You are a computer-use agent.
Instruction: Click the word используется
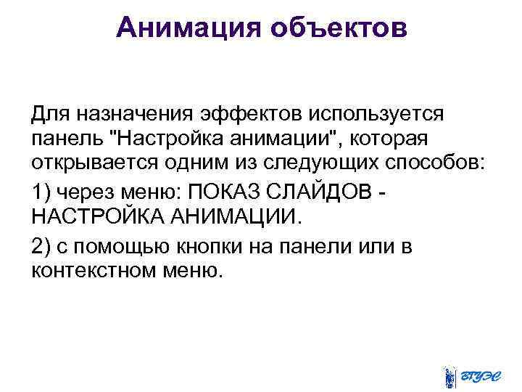377,114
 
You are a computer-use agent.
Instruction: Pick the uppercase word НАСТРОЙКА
96,216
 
